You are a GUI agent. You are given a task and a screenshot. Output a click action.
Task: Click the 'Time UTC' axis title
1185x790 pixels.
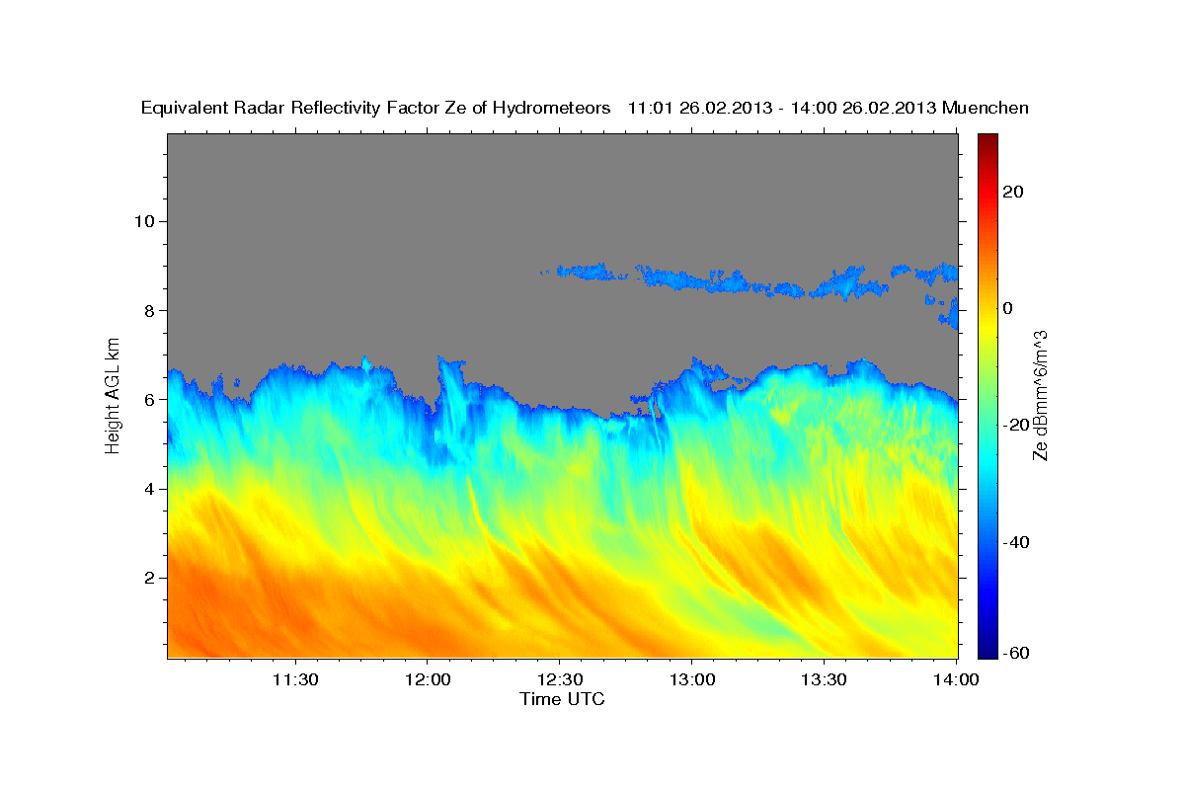562,699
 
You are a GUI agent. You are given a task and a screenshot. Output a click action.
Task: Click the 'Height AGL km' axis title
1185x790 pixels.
114,395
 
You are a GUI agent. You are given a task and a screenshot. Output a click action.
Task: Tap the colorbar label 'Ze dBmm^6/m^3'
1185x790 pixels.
1040,395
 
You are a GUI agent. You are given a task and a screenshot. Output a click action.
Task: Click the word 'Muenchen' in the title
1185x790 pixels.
986,108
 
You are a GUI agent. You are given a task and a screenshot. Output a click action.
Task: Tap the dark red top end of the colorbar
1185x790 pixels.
988,138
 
